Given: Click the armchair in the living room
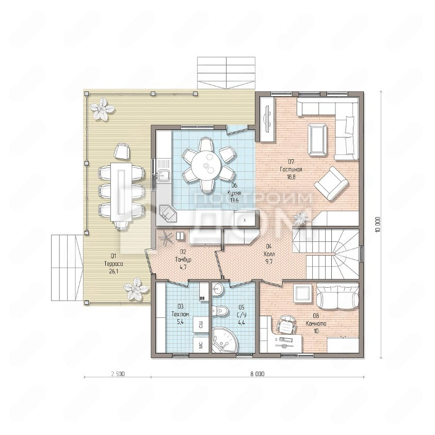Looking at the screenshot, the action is click(x=331, y=183).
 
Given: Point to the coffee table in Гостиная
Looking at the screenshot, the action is click(x=317, y=139).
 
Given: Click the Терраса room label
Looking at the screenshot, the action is click(x=114, y=264).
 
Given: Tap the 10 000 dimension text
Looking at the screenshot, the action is click(x=378, y=224).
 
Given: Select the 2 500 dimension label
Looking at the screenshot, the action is click(x=118, y=374).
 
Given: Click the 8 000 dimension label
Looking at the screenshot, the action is click(x=257, y=374).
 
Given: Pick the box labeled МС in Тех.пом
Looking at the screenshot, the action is click(x=201, y=345).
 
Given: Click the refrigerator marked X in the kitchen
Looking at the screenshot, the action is click(x=245, y=219).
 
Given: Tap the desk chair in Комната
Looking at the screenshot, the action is click(x=286, y=324).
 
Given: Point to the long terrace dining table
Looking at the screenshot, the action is click(x=121, y=192).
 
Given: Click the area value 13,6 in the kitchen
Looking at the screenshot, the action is click(x=234, y=200).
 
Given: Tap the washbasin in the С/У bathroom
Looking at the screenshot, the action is click(x=217, y=289).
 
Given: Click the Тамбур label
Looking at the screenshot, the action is click(x=183, y=259).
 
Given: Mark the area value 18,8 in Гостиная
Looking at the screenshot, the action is click(x=291, y=177).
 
